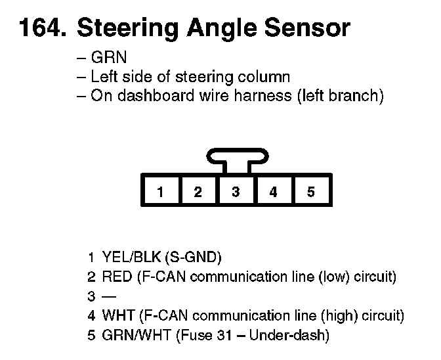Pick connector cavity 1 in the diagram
point(159,192)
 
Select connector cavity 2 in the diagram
point(198,192)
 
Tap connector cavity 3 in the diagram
point(236,192)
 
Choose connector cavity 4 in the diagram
point(273,192)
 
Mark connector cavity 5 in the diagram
point(311,192)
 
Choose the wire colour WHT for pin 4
point(118,316)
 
